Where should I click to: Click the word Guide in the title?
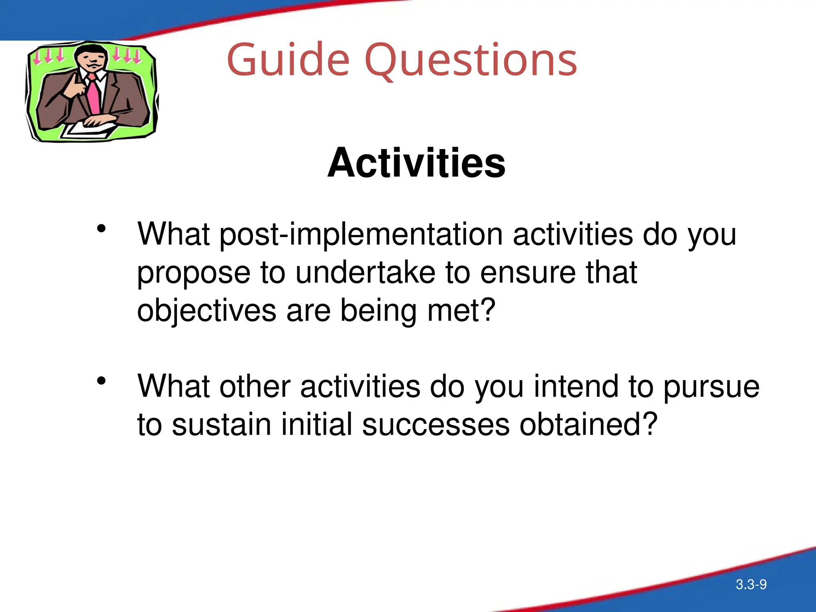click(288, 61)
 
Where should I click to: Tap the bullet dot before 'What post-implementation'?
click(101, 229)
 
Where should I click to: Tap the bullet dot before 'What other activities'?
click(101, 381)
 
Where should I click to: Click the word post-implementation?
click(361, 235)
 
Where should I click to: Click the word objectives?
click(206, 311)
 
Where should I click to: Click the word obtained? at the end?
click(588, 424)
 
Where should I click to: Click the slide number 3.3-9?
click(751, 585)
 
